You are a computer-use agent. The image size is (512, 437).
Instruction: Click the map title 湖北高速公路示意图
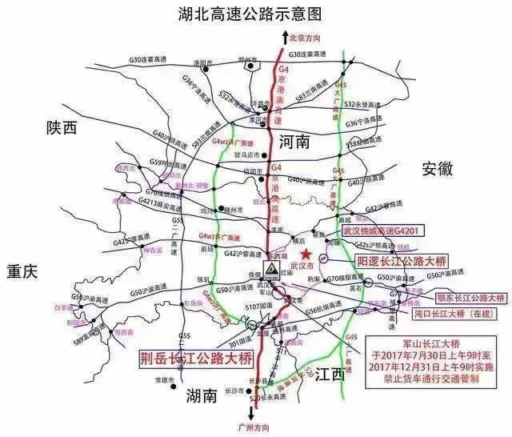click(254, 14)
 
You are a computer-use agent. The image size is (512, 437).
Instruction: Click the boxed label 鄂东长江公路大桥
click(465, 298)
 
